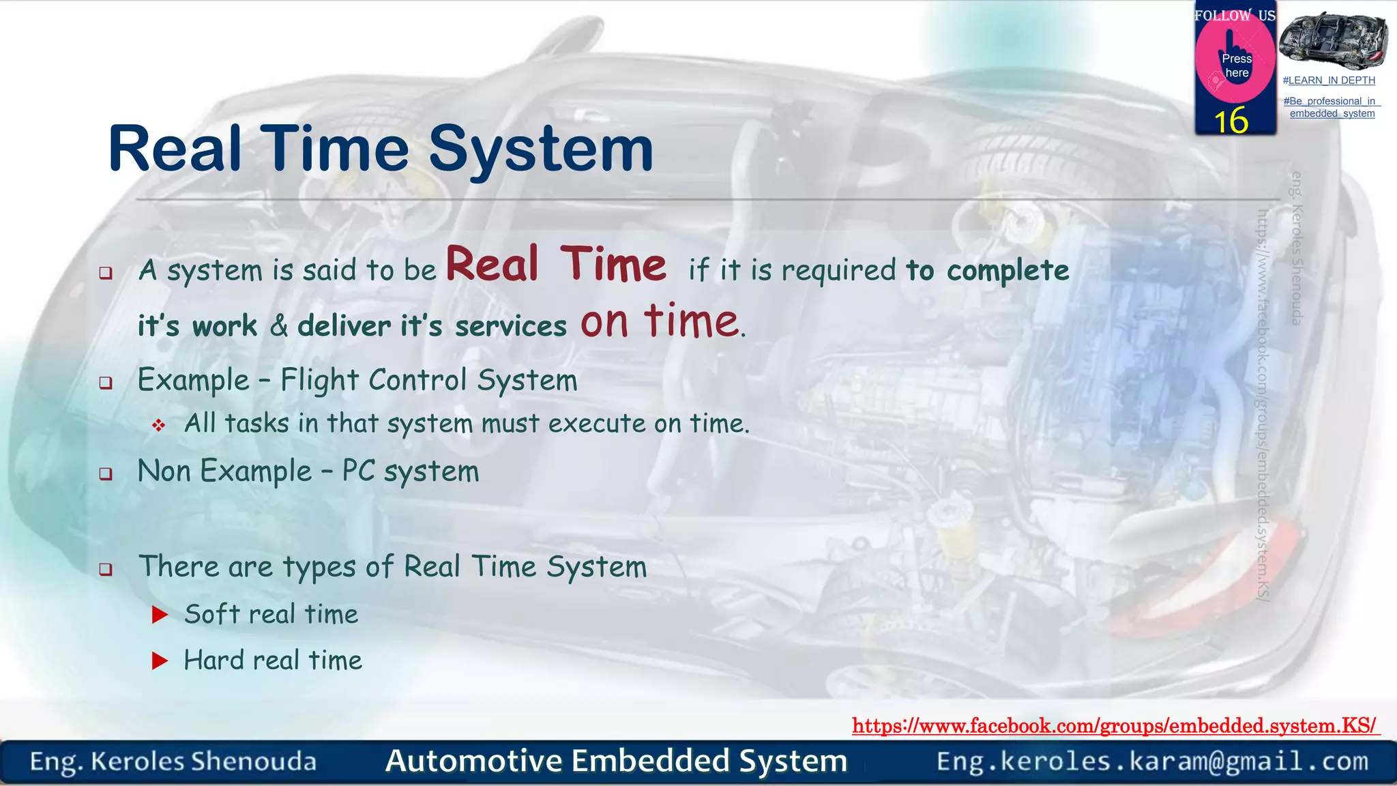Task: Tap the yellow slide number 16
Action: [x=1231, y=121]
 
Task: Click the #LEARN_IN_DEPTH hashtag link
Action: [x=1329, y=81]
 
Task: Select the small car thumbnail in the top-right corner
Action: [x=1332, y=40]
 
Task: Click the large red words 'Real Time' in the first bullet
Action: [x=556, y=265]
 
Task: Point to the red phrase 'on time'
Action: [x=660, y=321]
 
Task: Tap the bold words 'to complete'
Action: [x=987, y=271]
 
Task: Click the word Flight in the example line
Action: [x=319, y=380]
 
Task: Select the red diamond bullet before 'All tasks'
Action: [x=158, y=426]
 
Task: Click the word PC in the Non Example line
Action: [x=358, y=471]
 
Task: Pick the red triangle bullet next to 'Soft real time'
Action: [x=160, y=615]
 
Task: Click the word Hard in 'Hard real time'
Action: [x=214, y=660]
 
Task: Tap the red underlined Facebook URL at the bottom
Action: [x=1115, y=725]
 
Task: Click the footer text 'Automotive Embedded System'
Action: [x=616, y=761]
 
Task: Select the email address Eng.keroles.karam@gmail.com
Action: [x=1152, y=761]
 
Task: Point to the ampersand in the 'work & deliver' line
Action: [x=278, y=326]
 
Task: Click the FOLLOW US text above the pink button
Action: [x=1235, y=16]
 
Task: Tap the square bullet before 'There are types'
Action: [x=106, y=569]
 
